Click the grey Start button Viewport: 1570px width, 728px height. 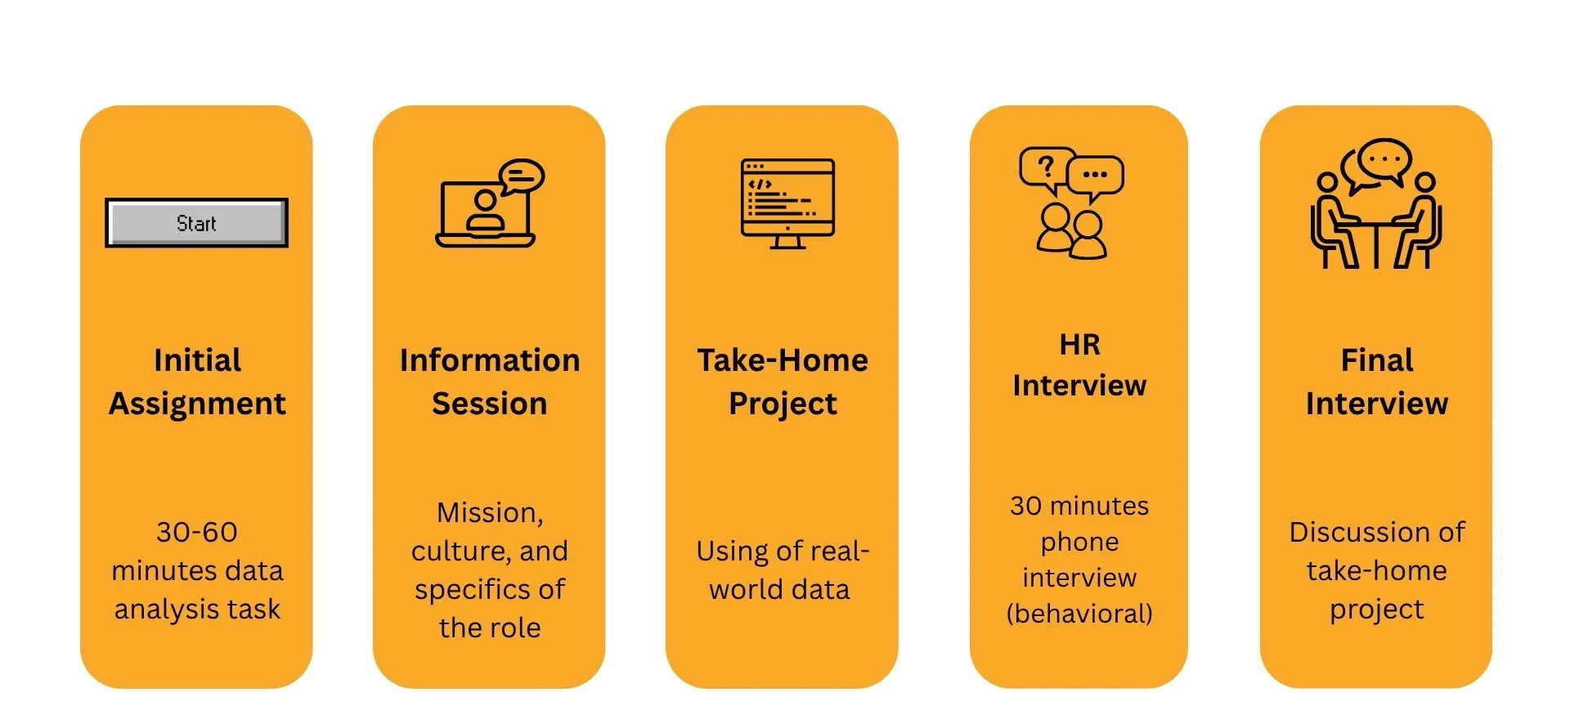tap(196, 222)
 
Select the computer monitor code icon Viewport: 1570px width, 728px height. tap(787, 203)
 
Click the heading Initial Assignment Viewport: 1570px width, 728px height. tap(197, 382)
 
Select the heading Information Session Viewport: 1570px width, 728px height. tap(490, 382)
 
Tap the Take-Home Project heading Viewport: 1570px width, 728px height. tap(783, 382)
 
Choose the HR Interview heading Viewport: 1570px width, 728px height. tap(1079, 364)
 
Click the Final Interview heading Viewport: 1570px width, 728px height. tap(1377, 382)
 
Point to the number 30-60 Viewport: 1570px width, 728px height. tap(197, 532)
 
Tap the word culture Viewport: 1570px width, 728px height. tap(460, 552)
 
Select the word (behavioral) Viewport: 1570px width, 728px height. tap(1079, 613)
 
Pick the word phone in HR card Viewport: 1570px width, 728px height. tap(1079, 542)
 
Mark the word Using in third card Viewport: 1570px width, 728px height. tap(732, 552)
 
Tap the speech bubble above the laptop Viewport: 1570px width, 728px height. tap(522, 176)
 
